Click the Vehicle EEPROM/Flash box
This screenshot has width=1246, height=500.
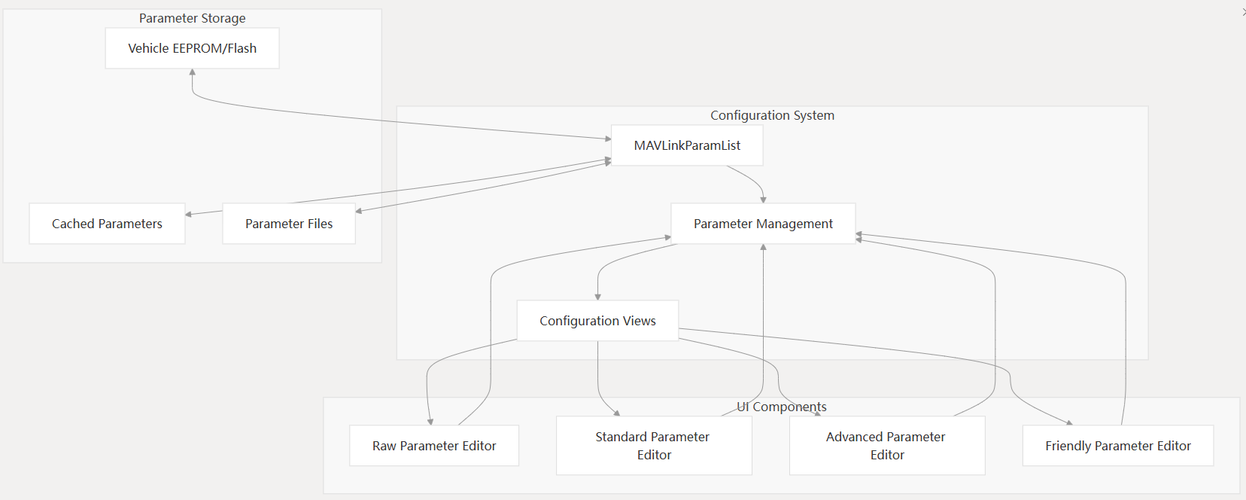click(x=192, y=48)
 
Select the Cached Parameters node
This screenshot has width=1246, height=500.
click(x=107, y=224)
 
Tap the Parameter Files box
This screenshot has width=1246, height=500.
click(x=289, y=224)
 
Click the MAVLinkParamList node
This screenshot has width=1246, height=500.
click(x=687, y=145)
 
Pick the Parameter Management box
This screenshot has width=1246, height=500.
click(x=763, y=224)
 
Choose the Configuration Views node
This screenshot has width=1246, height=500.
click(x=597, y=321)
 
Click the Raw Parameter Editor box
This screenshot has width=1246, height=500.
click(x=434, y=446)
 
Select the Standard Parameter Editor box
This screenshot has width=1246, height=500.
click(x=654, y=446)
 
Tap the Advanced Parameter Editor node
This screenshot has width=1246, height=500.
click(x=887, y=446)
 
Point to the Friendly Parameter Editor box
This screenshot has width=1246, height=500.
click(x=1117, y=446)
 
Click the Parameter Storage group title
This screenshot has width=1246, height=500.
click(x=192, y=18)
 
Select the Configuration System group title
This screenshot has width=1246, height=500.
click(x=772, y=115)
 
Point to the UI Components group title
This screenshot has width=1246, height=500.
click(x=782, y=407)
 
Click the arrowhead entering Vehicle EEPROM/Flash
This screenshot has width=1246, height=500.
click(x=193, y=72)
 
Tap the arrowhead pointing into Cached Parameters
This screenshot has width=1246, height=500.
click(x=189, y=215)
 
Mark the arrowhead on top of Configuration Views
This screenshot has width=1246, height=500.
click(x=598, y=297)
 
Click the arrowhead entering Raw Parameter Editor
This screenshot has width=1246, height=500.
click(x=430, y=422)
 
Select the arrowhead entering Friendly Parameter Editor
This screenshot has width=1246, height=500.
click(x=1069, y=422)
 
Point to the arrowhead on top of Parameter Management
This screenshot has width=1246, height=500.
click(x=763, y=200)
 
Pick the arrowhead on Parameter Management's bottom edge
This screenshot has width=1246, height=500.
click(x=763, y=248)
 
